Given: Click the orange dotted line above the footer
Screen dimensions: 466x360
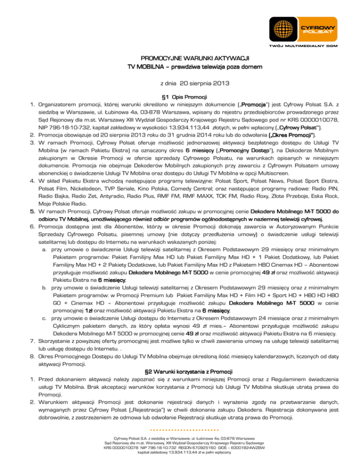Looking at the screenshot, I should point(181,429).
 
